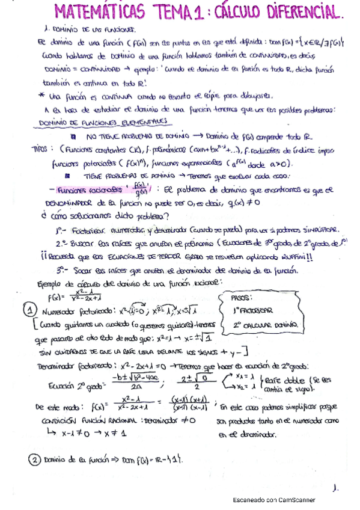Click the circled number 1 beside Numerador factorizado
(31, 310)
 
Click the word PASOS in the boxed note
(243, 298)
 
